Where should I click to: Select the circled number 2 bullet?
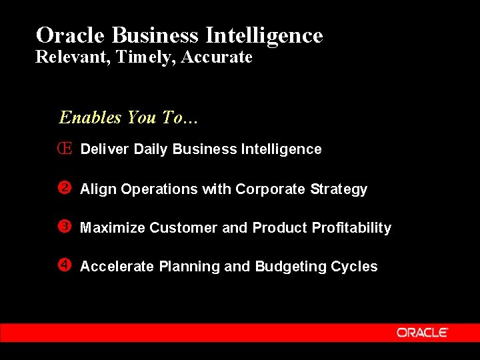click(x=65, y=188)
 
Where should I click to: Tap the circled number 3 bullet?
click(x=65, y=227)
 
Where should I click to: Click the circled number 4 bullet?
click(x=65, y=265)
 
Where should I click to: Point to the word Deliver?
click(x=105, y=149)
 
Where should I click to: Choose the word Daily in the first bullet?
click(x=151, y=149)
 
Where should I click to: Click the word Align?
click(x=96, y=189)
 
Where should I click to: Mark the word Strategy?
click(x=339, y=190)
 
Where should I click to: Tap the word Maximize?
click(x=112, y=228)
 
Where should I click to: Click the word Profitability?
click(x=351, y=228)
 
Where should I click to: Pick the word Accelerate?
click(x=117, y=267)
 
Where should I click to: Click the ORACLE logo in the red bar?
click(x=423, y=333)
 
